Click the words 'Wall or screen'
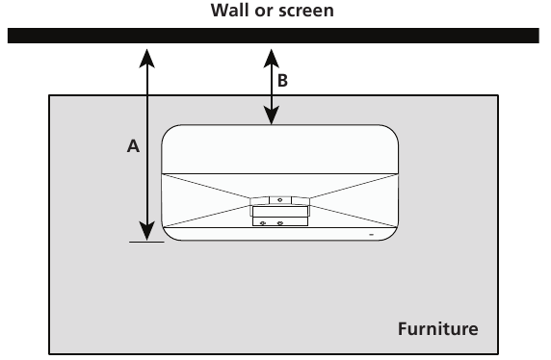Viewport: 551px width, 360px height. pyautogui.click(x=275, y=13)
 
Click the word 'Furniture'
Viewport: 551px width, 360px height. pyautogui.click(x=437, y=329)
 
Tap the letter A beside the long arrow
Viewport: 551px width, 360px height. pyautogui.click(x=134, y=146)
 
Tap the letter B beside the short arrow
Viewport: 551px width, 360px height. pyautogui.click(x=282, y=82)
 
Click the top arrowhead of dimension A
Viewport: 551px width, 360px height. pyautogui.click(x=145, y=56)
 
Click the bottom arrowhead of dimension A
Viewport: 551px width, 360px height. pyautogui.click(x=145, y=231)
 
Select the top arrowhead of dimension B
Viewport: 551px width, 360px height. pyautogui.click(x=273, y=56)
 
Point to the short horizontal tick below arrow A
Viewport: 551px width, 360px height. pyautogui.click(x=145, y=242)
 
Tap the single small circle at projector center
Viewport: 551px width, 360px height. pyautogui.click(x=279, y=199)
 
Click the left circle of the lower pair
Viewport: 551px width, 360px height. pyautogui.click(x=263, y=222)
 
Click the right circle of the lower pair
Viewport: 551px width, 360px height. pyautogui.click(x=279, y=222)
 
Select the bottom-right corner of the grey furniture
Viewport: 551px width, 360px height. pyautogui.click(x=498, y=353)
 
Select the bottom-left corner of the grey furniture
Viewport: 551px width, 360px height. pyautogui.click(x=50, y=353)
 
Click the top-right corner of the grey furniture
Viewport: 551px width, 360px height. pyautogui.click(x=498, y=95)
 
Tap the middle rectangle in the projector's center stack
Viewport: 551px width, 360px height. pyautogui.click(x=279, y=211)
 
